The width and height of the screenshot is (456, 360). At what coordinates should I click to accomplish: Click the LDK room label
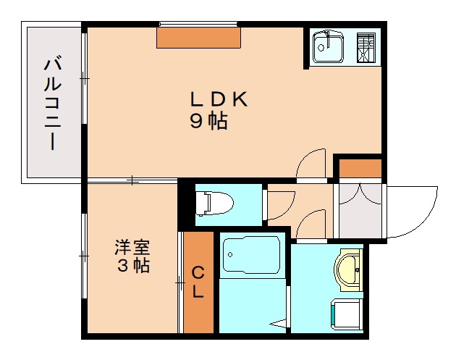219,100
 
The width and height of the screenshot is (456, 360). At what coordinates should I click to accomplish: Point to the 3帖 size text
133,266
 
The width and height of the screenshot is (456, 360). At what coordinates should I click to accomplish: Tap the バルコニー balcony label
51,103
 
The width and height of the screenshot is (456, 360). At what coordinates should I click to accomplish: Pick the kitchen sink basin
328,48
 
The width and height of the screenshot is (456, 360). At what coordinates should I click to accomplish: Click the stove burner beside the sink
366,48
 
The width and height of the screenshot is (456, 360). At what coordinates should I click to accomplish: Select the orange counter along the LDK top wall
199,38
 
